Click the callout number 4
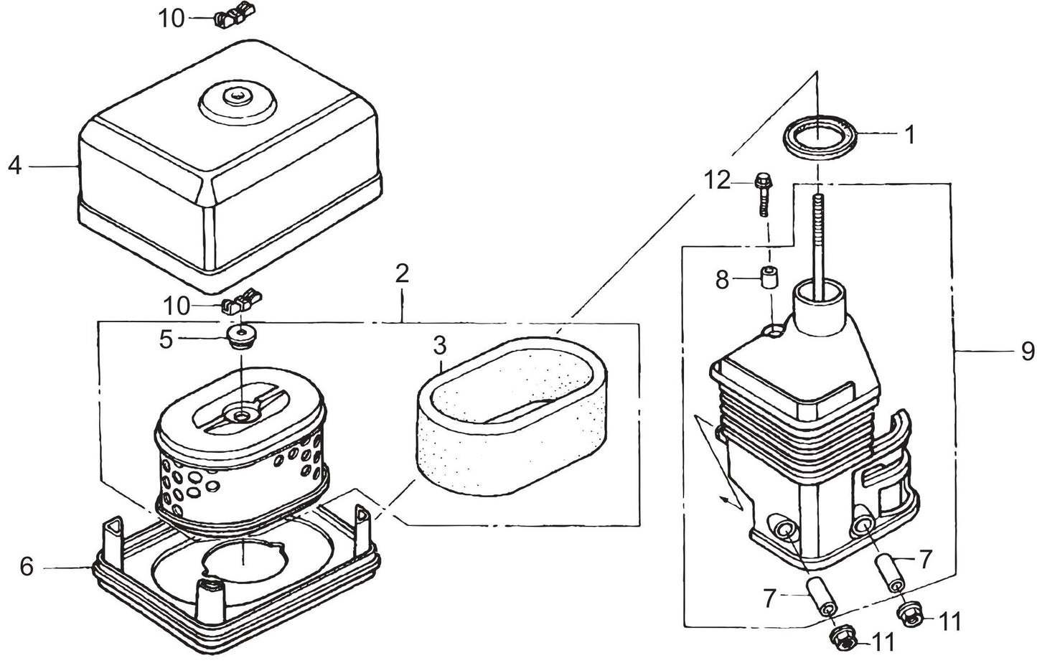(15, 166)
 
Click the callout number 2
(402, 273)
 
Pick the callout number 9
(1028, 351)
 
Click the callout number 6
(27, 567)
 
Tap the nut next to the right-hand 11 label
(909, 613)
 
